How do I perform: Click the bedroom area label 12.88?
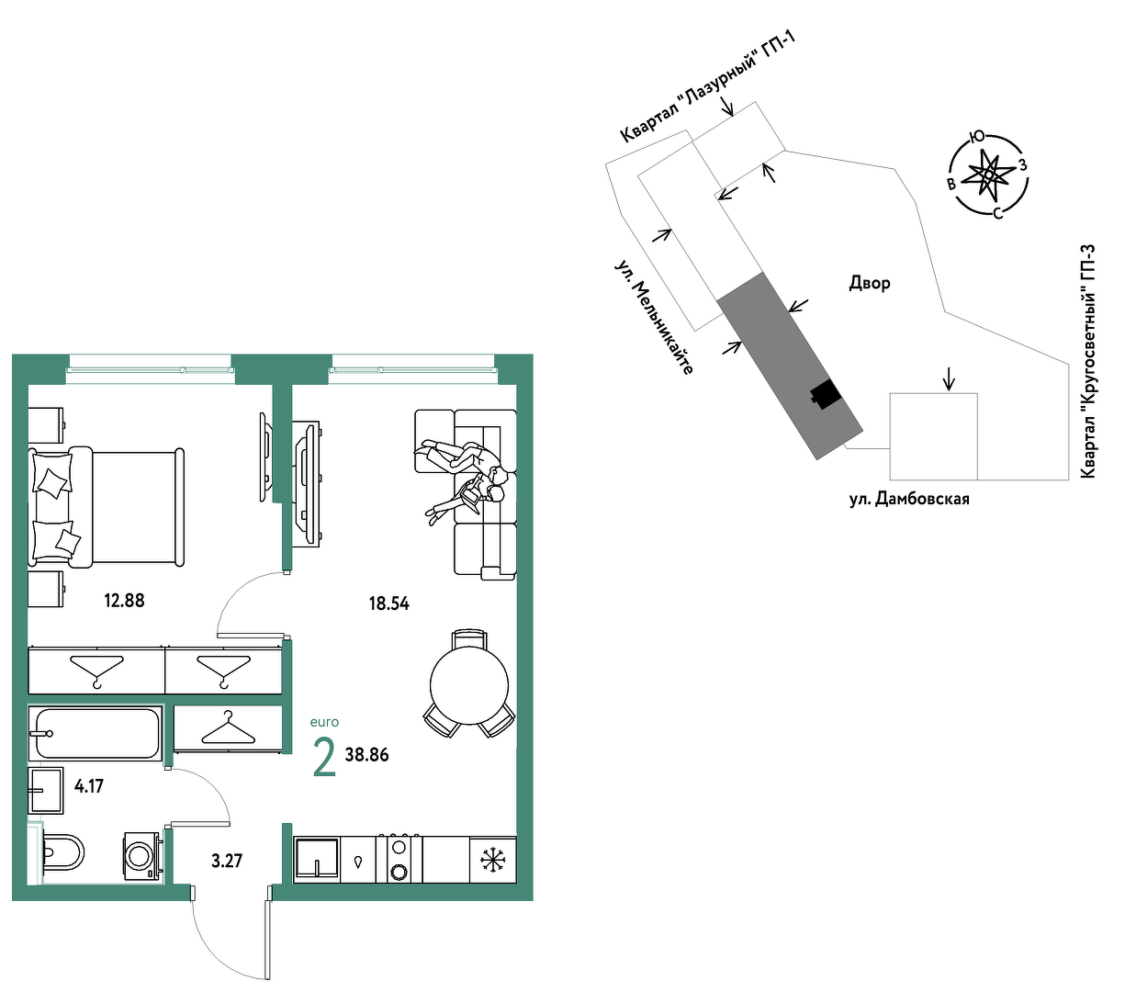point(124,601)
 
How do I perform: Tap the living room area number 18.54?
point(389,603)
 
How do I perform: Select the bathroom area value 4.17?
point(89,786)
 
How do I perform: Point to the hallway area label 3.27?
point(227,861)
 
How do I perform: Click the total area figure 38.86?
point(367,755)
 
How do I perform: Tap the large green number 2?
point(324,758)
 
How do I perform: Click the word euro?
point(324,722)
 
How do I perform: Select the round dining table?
point(469,686)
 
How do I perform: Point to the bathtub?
point(96,734)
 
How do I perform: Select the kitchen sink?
point(317,859)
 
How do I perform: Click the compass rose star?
point(989,175)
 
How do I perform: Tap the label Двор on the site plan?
point(870,283)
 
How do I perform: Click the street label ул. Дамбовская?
point(909,500)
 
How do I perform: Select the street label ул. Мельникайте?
point(654,317)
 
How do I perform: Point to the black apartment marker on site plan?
point(825,394)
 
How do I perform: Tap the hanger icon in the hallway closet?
point(229,727)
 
